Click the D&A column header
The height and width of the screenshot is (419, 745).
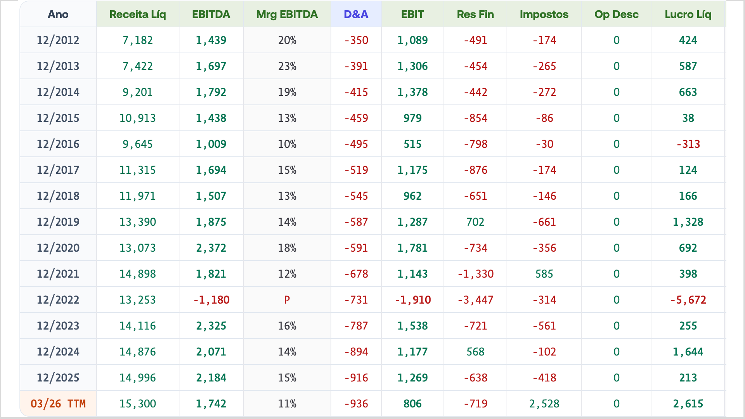[356, 14]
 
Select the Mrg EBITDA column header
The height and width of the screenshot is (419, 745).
[287, 14]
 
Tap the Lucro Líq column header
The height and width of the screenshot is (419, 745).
[688, 14]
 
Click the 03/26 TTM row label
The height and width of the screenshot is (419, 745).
[58, 404]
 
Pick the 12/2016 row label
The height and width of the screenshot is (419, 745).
[58, 144]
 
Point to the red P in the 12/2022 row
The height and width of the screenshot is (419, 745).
[287, 300]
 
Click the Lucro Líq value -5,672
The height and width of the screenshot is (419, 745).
[688, 300]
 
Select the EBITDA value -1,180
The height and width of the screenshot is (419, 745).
[211, 300]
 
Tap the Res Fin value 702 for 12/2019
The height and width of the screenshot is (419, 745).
[475, 222]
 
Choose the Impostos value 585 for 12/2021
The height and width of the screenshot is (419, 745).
[544, 274]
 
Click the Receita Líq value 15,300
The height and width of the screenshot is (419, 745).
[138, 404]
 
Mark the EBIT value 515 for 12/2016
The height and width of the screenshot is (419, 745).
[412, 144]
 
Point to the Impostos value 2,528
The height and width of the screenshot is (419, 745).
[544, 404]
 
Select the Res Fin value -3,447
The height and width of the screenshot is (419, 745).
[475, 300]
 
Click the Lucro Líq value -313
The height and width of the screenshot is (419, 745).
[688, 144]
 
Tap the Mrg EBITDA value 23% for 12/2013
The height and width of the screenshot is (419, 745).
[287, 66]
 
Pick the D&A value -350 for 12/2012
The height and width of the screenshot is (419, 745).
[356, 40]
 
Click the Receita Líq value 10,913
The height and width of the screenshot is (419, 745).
[138, 118]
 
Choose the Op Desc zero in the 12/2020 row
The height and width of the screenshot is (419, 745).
[617, 248]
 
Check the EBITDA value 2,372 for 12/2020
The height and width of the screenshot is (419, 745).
[211, 248]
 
